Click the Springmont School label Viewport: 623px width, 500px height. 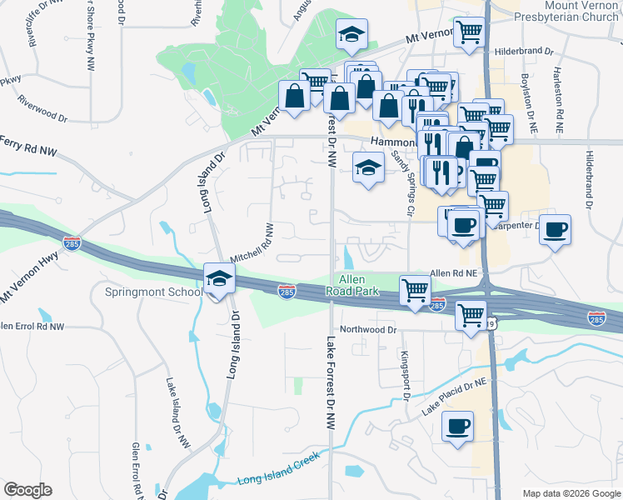(153, 292)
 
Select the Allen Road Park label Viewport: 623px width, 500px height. (359, 285)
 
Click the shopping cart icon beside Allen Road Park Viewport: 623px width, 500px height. (415, 290)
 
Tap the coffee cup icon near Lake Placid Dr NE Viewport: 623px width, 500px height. (457, 427)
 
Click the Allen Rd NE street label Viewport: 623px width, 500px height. (452, 273)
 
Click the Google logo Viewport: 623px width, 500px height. (27, 490)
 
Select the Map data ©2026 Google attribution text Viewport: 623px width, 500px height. (571, 493)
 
